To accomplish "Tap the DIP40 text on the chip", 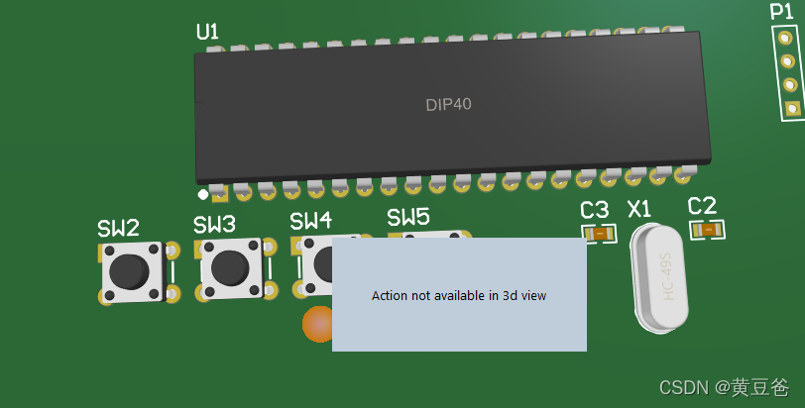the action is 449,104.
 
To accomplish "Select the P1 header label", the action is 781,12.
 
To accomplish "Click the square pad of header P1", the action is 791,108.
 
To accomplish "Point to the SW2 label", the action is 118,228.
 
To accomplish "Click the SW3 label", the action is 214,225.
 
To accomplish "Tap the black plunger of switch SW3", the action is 229,265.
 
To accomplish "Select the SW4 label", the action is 311,220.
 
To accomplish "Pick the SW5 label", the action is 407,217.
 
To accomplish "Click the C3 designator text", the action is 594,210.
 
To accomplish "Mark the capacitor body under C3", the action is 598,234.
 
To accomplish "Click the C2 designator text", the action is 702,206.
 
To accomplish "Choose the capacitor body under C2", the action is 708,230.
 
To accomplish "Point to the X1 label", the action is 640,209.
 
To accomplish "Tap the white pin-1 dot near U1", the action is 202,194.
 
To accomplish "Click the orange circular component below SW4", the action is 318,325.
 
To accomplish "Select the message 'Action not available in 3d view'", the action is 459,295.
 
